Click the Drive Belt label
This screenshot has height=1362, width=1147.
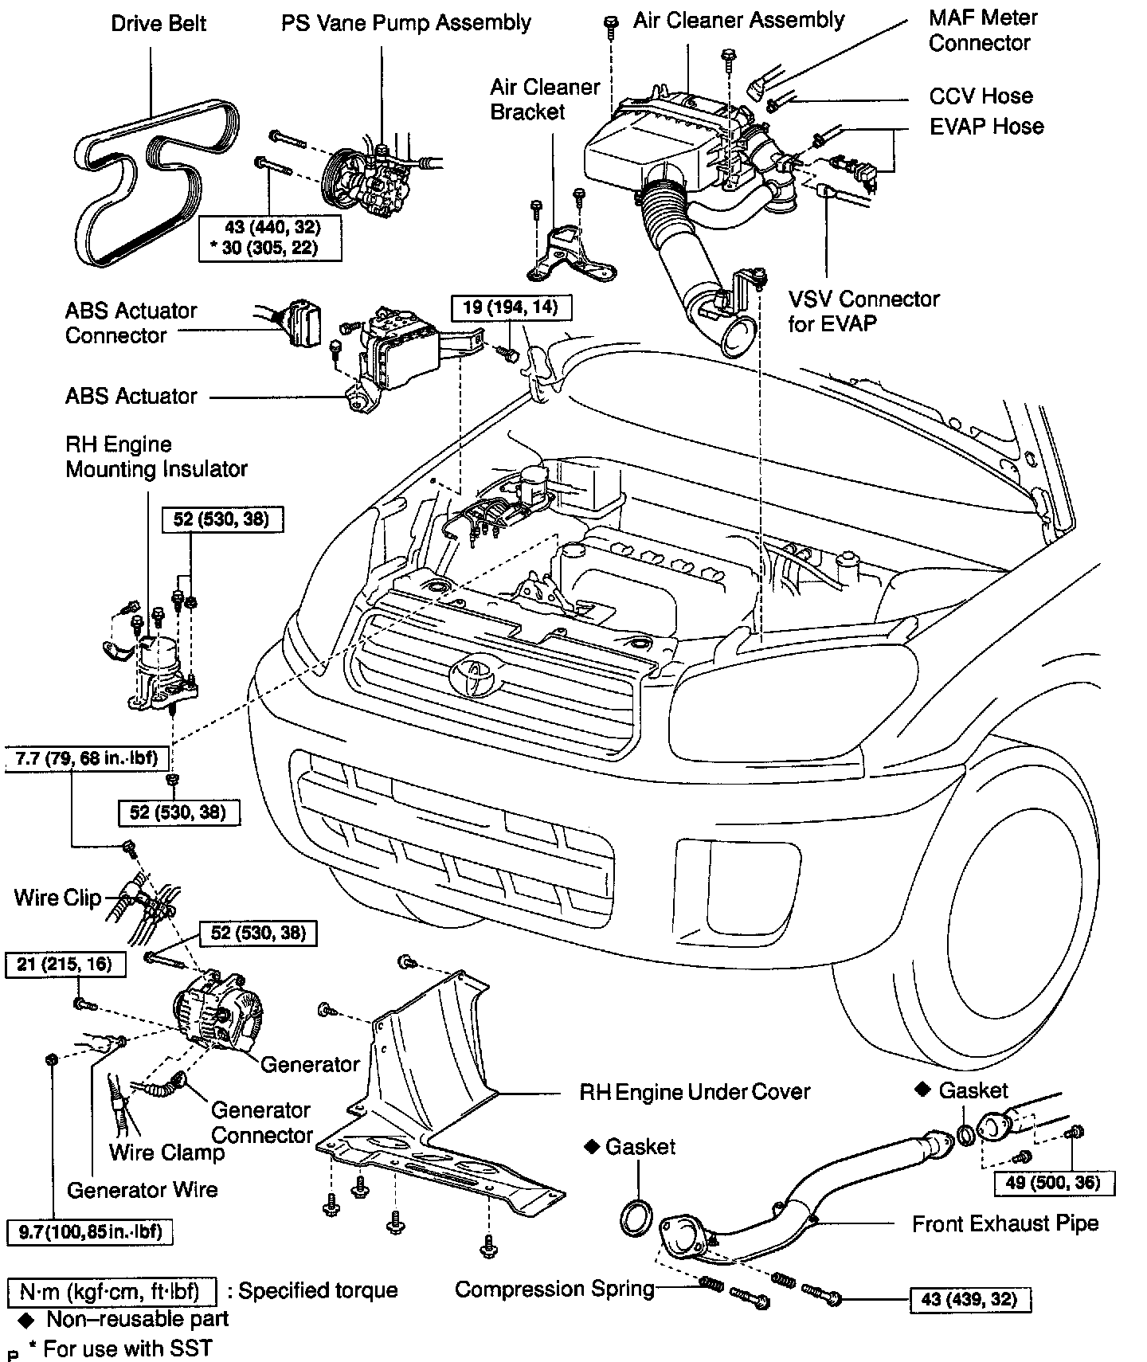click(x=159, y=23)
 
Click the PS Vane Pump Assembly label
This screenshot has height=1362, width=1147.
click(x=405, y=22)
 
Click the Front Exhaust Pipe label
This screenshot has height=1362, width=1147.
click(x=1005, y=1223)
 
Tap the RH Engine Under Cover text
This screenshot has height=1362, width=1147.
click(x=695, y=1091)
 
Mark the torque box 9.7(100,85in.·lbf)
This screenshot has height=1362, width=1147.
click(x=89, y=1232)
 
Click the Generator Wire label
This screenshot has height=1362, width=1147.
click(x=142, y=1190)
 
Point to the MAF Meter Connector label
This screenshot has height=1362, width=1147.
click(x=983, y=30)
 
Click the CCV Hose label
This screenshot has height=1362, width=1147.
click(x=981, y=96)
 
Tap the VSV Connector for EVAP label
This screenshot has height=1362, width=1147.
click(x=863, y=311)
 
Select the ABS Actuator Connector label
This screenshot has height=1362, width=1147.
click(x=131, y=323)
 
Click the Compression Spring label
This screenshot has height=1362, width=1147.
click(x=554, y=1289)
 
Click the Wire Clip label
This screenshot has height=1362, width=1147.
click(x=58, y=898)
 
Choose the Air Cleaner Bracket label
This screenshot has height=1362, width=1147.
click(x=545, y=99)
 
